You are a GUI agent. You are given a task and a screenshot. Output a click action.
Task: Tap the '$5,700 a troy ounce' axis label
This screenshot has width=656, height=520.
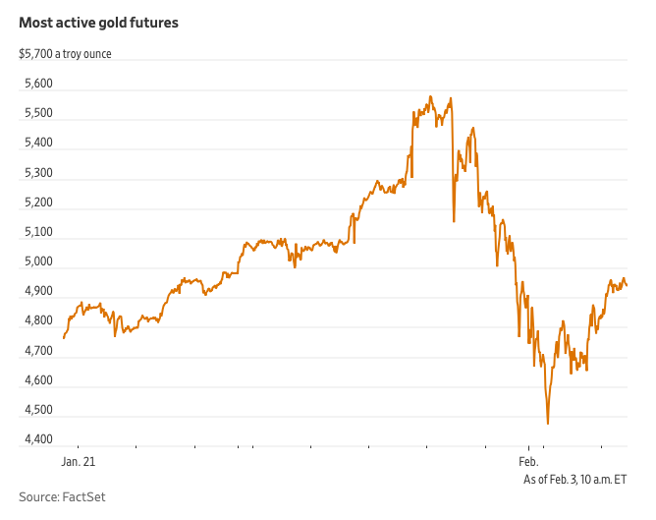coord(65,53)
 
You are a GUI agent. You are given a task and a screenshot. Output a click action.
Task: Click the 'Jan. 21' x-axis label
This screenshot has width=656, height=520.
coord(79,460)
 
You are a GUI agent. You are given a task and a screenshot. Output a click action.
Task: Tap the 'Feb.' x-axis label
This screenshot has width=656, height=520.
coord(528,460)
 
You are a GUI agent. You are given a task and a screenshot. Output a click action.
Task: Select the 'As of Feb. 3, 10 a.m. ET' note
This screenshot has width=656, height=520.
coord(575,478)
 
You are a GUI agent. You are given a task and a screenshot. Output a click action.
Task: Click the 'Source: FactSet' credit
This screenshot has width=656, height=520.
coord(62,497)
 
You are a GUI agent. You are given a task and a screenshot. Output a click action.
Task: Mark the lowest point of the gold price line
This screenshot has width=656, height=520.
coord(547,423)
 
